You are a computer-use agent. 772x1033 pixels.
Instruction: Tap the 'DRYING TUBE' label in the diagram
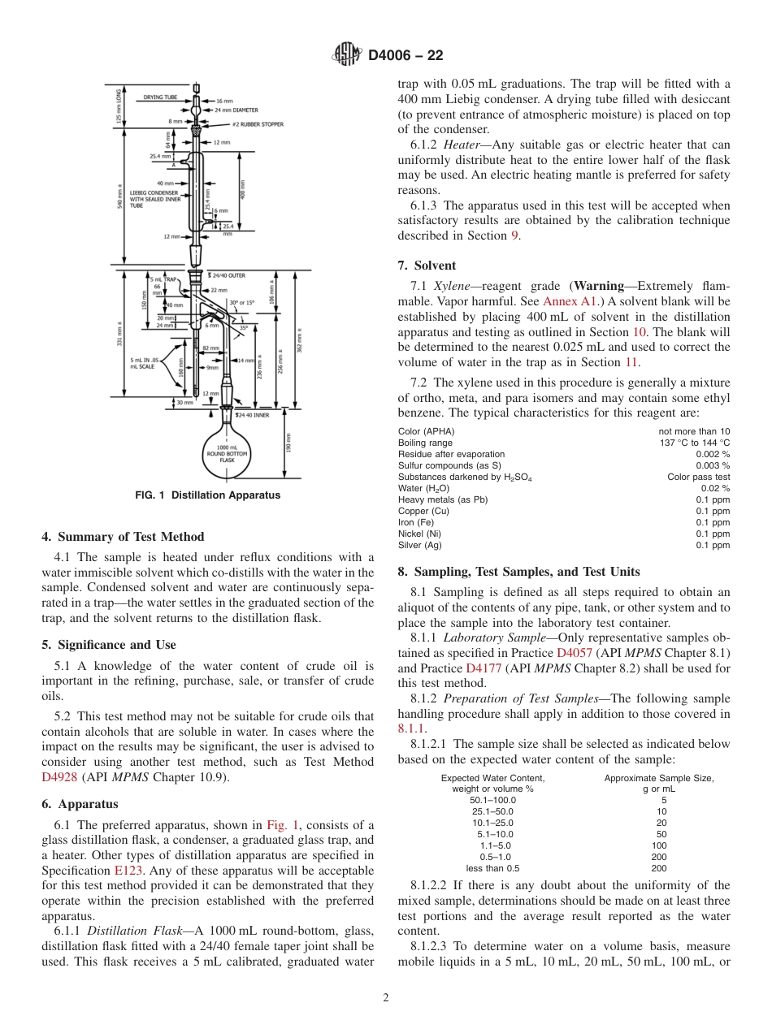pyautogui.click(x=160, y=97)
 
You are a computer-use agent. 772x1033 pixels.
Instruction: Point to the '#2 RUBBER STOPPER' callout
pyautogui.click(x=235, y=124)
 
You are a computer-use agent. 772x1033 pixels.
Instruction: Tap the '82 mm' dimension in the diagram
pyautogui.click(x=210, y=348)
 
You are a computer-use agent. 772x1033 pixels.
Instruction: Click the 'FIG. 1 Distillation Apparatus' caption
pyautogui.click(x=208, y=495)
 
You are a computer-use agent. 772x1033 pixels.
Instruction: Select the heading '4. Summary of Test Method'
pyautogui.click(x=123, y=537)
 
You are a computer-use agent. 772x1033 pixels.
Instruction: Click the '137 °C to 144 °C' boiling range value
pyautogui.click(x=695, y=443)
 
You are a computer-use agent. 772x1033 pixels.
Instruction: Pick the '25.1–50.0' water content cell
pyautogui.click(x=492, y=811)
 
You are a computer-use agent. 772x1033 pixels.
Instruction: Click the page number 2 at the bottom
pyautogui.click(x=386, y=998)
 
